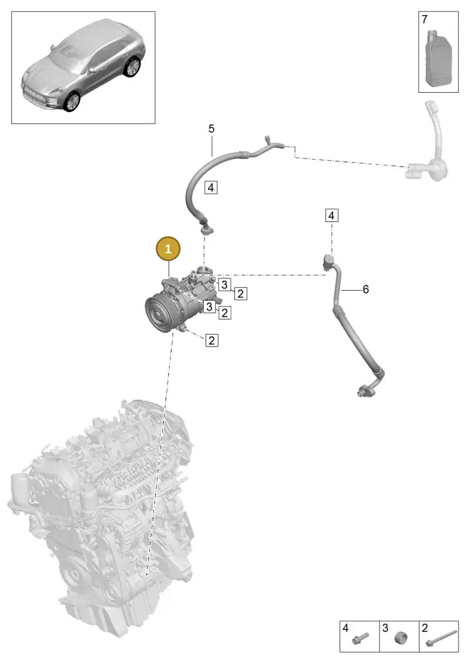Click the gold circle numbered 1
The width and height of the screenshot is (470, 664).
click(x=168, y=248)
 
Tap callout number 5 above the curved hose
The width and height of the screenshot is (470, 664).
click(x=211, y=129)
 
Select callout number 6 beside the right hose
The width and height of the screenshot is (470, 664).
click(x=365, y=289)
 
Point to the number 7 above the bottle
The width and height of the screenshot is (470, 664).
click(x=425, y=19)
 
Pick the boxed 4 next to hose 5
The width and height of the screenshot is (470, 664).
click(x=211, y=187)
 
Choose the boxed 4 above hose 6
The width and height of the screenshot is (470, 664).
click(x=331, y=215)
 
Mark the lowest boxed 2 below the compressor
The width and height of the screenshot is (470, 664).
click(x=211, y=340)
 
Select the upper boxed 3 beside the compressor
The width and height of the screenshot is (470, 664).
click(x=224, y=285)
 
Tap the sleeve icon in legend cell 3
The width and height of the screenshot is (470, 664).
click(x=401, y=638)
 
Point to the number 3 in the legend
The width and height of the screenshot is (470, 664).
click(x=385, y=628)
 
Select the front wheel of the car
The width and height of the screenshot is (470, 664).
click(x=71, y=101)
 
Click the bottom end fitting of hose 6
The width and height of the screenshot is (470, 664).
click(x=364, y=390)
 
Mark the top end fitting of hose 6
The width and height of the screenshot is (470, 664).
click(x=328, y=261)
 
